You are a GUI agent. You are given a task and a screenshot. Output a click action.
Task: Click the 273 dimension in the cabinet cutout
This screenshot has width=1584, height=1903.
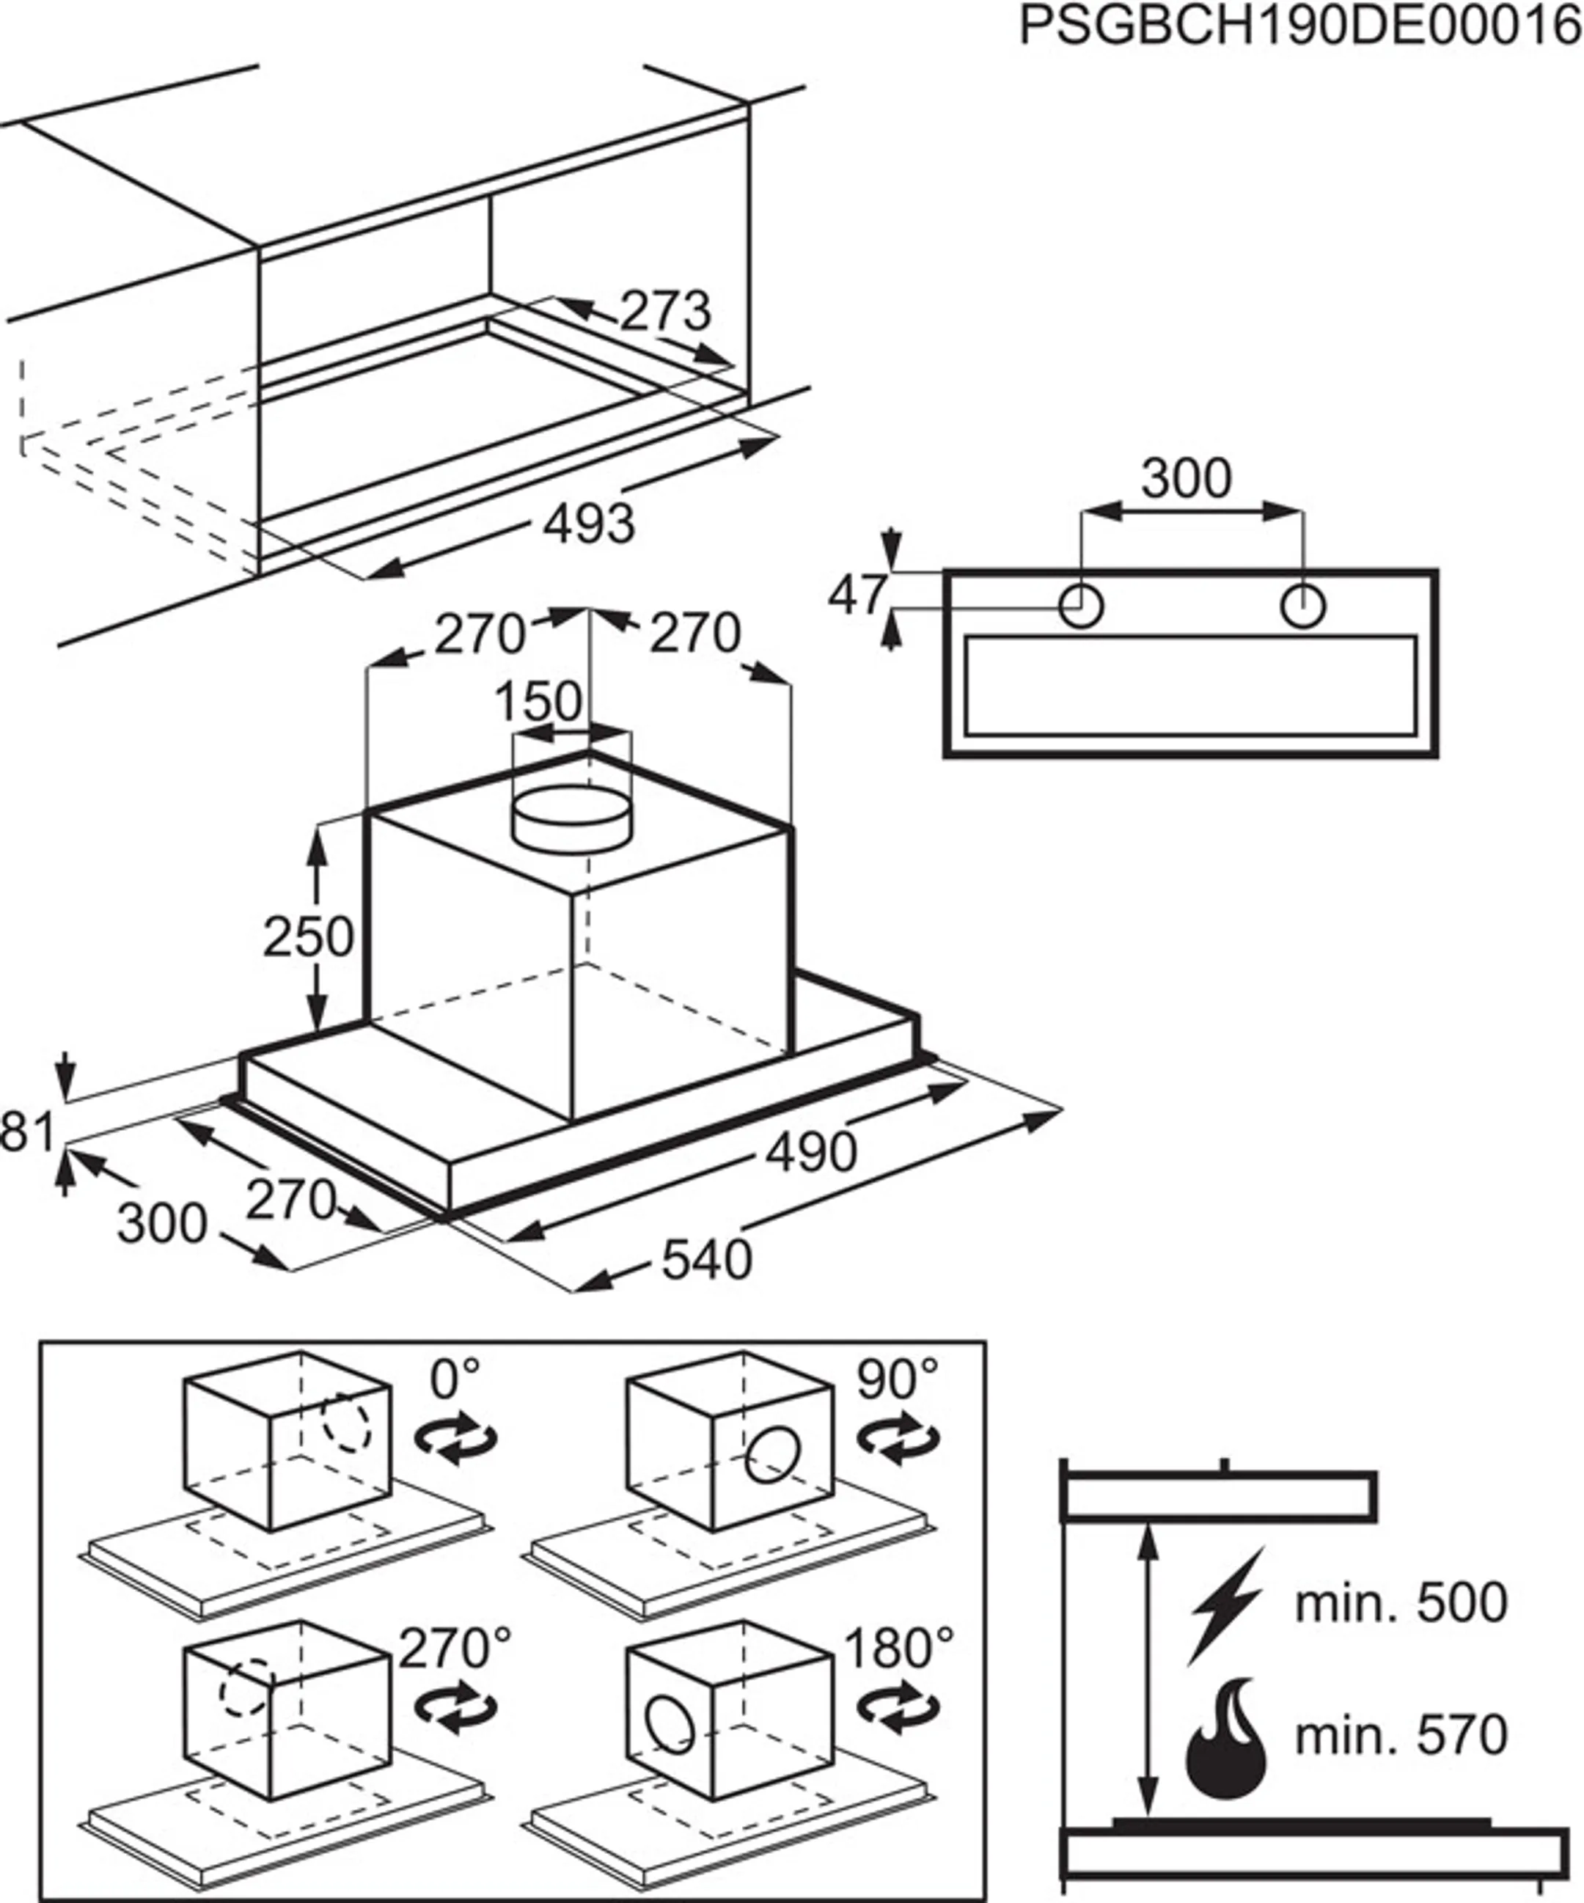(666, 312)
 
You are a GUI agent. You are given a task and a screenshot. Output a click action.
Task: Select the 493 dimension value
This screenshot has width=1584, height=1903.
(589, 524)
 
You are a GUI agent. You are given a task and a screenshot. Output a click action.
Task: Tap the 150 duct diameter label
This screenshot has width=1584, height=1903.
(539, 700)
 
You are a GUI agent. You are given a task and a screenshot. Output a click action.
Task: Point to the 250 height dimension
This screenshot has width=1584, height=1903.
(308, 937)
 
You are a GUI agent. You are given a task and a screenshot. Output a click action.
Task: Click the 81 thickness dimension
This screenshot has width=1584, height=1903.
(27, 1133)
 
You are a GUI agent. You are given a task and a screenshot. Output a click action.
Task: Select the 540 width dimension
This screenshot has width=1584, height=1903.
(707, 1261)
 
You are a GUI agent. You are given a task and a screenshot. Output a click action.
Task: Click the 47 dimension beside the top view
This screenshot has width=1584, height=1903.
(857, 595)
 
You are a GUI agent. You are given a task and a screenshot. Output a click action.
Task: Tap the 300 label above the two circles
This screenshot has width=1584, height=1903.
(1187, 478)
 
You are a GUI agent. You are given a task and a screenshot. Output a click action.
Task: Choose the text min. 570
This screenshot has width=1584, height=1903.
(1401, 1734)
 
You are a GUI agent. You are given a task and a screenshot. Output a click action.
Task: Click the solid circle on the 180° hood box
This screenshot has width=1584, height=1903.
(670, 1727)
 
